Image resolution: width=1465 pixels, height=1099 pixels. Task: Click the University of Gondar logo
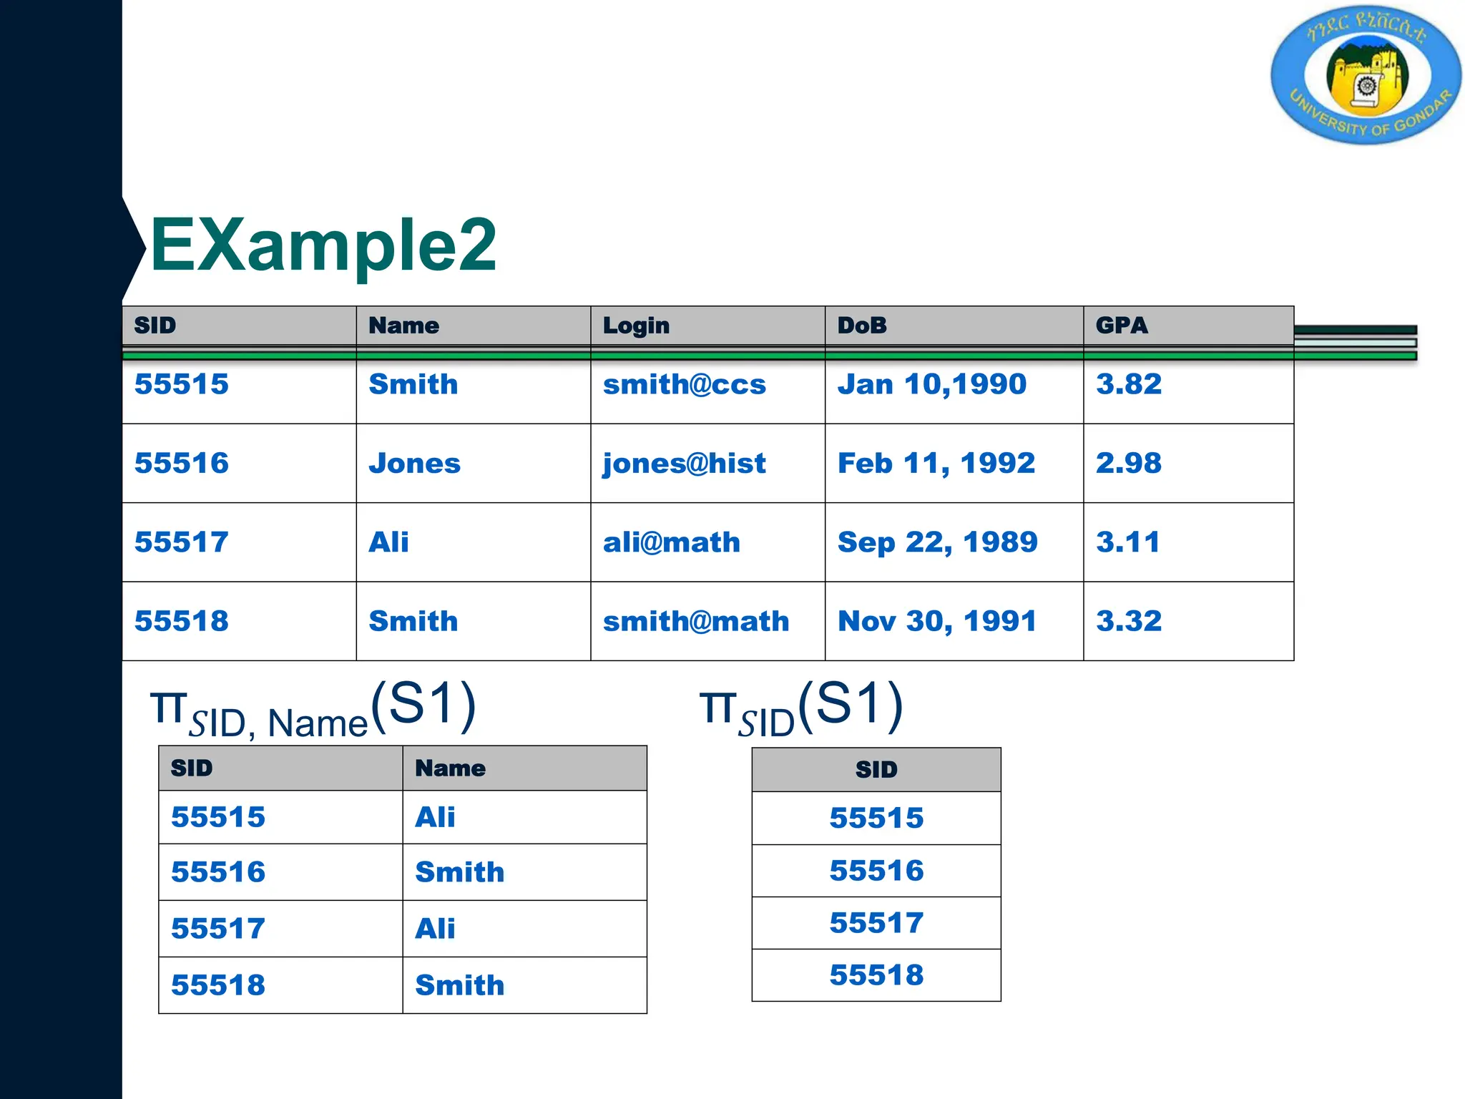coord(1366,75)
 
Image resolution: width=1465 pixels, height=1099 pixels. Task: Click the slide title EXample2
coord(323,245)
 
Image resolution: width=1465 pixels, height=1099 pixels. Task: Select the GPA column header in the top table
coord(1121,326)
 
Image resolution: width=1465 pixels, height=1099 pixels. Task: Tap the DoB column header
coord(862,326)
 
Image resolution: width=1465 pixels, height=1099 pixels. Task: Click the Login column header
coord(636,326)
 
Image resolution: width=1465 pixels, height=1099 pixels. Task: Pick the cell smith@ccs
coord(684,385)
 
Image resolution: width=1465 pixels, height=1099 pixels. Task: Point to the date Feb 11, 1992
coord(936,464)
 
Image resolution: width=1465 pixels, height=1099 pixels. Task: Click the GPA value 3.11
coord(1127,542)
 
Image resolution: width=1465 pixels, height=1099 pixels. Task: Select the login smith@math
coord(695,621)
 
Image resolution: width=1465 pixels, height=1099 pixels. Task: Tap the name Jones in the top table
coord(414,464)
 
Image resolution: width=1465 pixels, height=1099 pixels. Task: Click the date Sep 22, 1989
coord(937,542)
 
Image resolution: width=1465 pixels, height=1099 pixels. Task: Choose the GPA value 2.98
coord(1128,464)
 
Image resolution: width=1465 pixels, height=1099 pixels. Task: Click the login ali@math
coord(671,542)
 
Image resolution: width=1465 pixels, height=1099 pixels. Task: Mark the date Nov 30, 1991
coord(936,621)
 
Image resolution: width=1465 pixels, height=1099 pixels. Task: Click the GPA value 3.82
coord(1128,385)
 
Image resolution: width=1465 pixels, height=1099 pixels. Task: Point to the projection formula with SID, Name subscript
coord(313,709)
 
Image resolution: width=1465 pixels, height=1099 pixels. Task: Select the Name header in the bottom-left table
coord(450,768)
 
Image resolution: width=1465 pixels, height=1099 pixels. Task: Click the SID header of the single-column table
coord(876,770)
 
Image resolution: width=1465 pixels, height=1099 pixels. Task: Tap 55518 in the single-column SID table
coord(876,975)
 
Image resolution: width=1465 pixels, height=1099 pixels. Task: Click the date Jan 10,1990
coord(931,385)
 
